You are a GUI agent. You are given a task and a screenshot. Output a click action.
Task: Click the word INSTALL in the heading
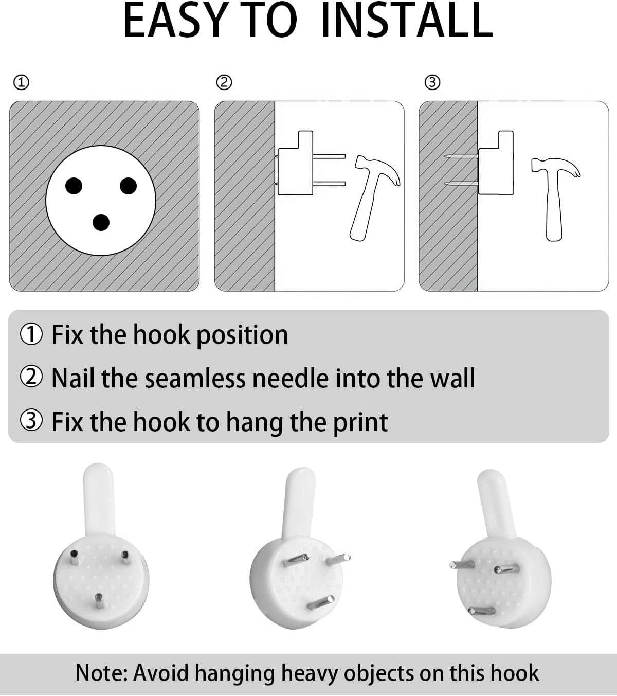pos(407,21)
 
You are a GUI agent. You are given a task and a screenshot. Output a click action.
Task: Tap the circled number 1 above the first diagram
pos(21,82)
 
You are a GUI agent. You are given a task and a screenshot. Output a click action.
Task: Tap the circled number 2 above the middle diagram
pos(224,82)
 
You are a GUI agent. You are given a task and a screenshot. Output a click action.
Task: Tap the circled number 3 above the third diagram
pos(432,82)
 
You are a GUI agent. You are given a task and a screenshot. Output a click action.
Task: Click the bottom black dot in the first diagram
pos(101,222)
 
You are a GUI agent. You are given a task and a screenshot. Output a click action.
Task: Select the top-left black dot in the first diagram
pos(74,186)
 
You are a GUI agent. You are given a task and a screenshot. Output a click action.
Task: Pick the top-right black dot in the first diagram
pos(129,186)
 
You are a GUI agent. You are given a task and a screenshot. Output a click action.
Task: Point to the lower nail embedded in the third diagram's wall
pos(461,184)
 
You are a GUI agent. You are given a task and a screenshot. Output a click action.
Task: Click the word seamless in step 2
pos(195,378)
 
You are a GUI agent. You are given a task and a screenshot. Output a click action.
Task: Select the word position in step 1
pos(242,335)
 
